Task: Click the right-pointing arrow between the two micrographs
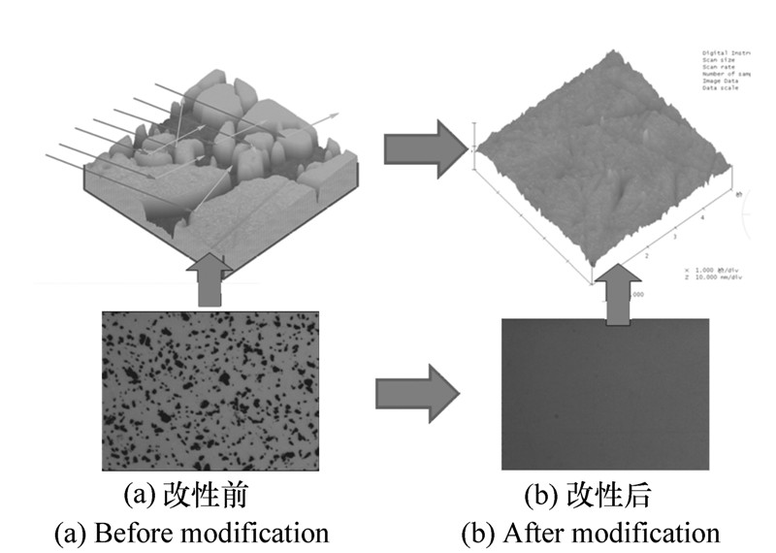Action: point(417,393)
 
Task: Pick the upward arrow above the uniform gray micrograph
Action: point(613,296)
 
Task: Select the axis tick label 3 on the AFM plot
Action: point(674,237)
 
